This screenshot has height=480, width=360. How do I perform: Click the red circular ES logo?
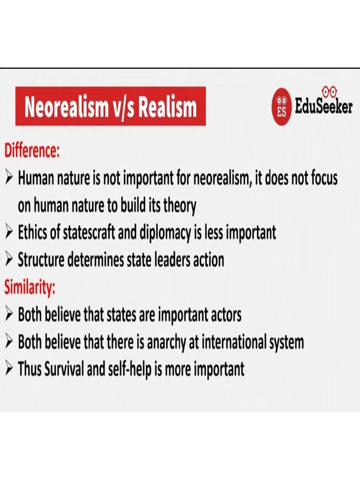[x=282, y=107]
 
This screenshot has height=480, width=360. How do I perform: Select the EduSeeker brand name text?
[x=323, y=107]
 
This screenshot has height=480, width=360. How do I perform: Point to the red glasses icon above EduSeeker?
[x=331, y=90]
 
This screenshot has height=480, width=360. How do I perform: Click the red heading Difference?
[x=32, y=151]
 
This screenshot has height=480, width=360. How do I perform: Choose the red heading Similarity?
[x=30, y=286]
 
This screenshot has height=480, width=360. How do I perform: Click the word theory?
[x=179, y=206]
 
